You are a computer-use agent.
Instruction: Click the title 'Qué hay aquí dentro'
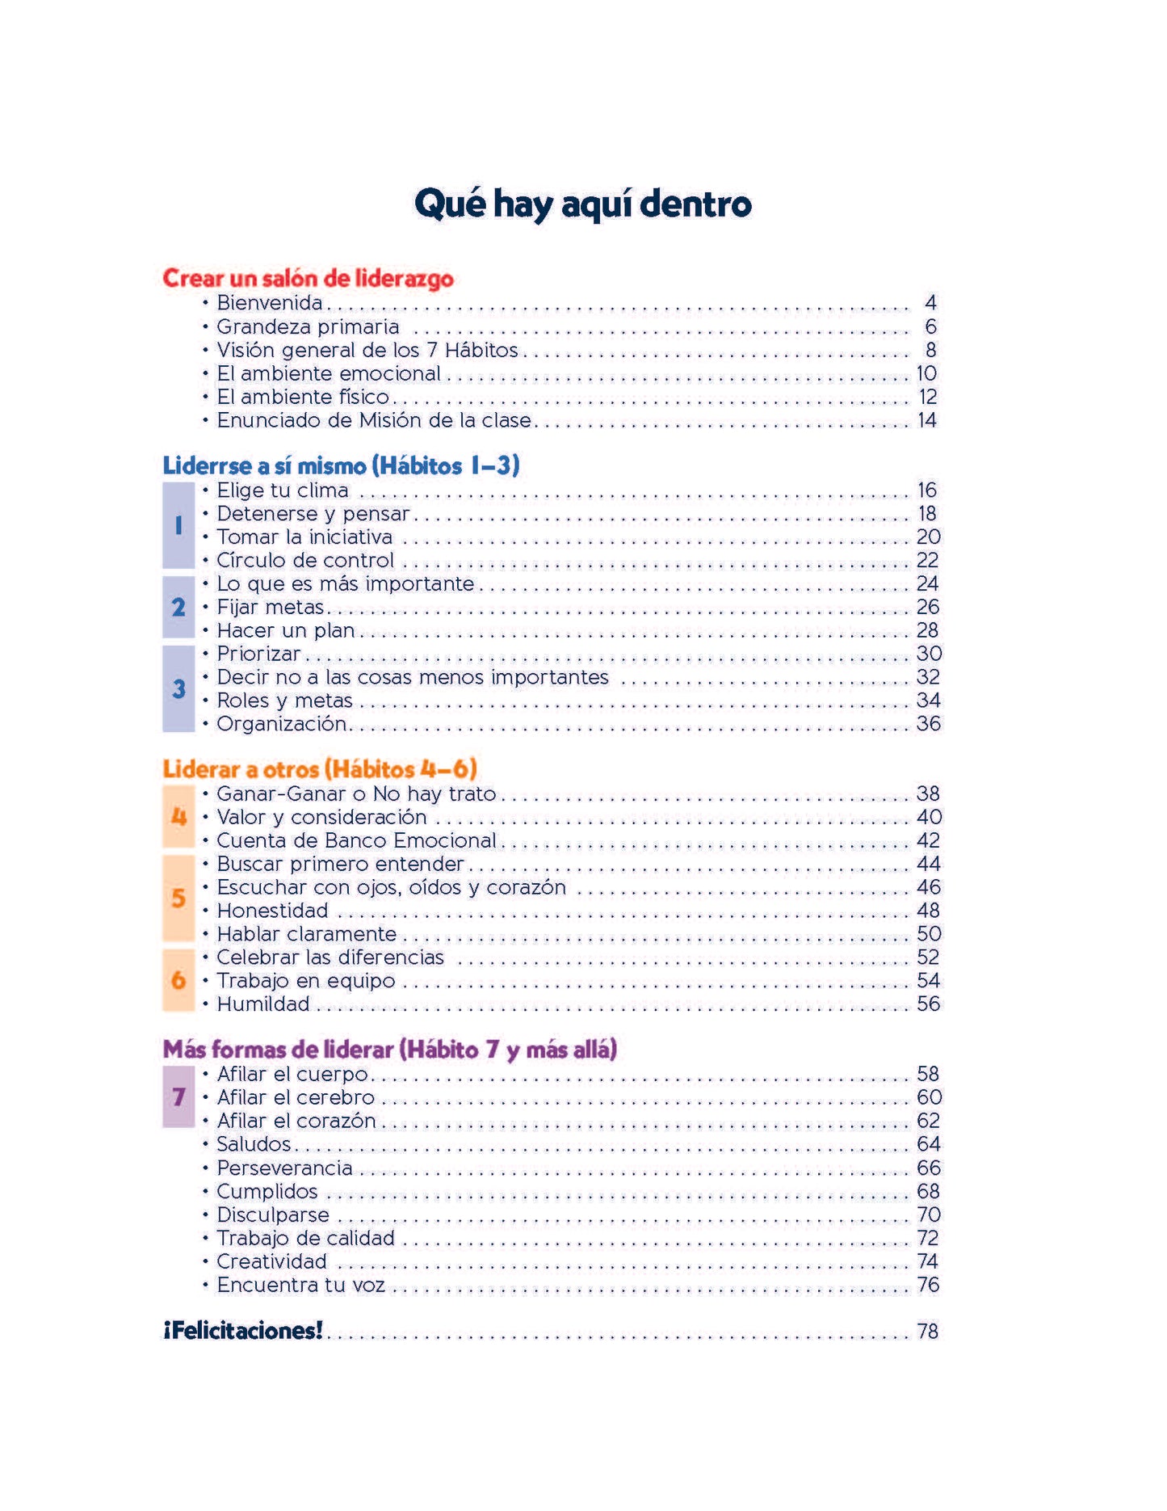click(x=582, y=204)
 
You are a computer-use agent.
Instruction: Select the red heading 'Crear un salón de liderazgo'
click(x=308, y=278)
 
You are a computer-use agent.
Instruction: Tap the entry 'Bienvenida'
click(x=270, y=303)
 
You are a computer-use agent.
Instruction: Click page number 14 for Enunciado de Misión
click(x=926, y=420)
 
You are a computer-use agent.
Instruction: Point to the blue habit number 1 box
click(x=178, y=525)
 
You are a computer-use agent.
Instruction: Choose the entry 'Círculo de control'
click(x=305, y=561)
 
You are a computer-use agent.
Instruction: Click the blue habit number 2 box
click(x=178, y=607)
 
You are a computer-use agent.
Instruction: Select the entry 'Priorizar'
click(x=258, y=654)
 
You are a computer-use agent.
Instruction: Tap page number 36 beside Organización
click(x=928, y=724)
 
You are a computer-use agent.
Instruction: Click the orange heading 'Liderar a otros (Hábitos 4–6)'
click(x=320, y=768)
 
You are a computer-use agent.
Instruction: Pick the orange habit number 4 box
click(x=178, y=817)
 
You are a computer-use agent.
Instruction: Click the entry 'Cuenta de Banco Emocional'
click(x=356, y=840)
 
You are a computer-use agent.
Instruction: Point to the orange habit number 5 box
click(x=178, y=899)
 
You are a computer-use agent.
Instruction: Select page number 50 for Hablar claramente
click(x=929, y=934)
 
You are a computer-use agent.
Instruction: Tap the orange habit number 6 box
click(x=178, y=980)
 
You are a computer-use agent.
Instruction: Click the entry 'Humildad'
click(x=263, y=1004)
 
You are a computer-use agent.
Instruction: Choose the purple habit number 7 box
click(x=178, y=1096)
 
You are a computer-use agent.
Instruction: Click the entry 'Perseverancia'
click(x=284, y=1168)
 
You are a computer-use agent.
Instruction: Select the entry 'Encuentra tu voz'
click(x=300, y=1286)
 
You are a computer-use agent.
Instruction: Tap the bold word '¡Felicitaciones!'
click(x=243, y=1331)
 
